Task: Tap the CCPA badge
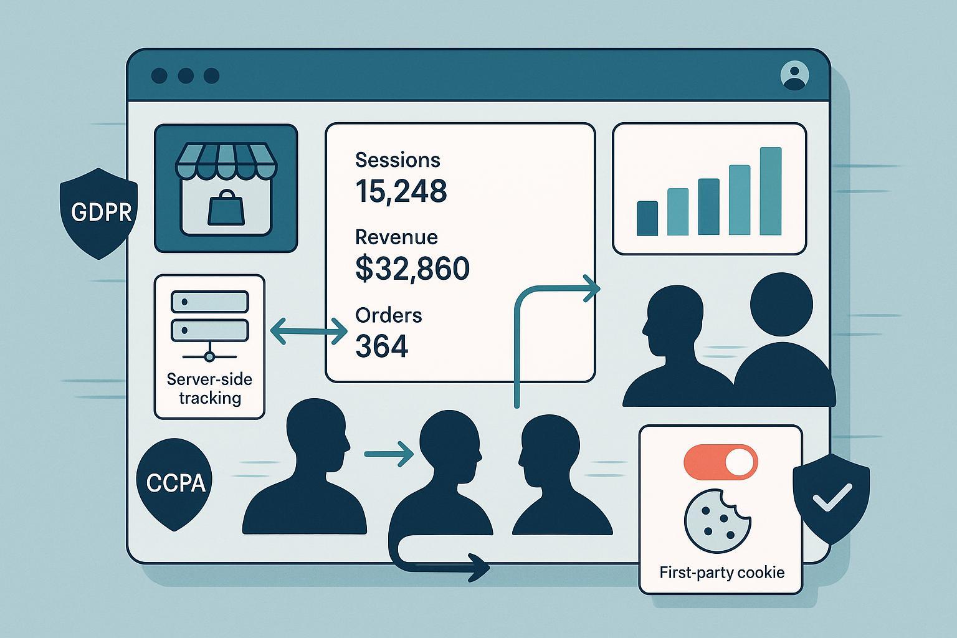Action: [x=175, y=483]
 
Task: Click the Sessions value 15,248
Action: [x=401, y=191]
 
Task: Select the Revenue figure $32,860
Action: [x=412, y=268]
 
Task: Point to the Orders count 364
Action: [x=381, y=346]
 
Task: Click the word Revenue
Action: [x=396, y=237]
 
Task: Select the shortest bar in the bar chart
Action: [x=647, y=218]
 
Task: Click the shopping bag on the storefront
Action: [x=225, y=209]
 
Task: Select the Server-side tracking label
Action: [x=209, y=388]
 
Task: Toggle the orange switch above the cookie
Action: [x=720, y=462]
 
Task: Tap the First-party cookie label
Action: [x=721, y=572]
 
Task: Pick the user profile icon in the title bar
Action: [x=794, y=75]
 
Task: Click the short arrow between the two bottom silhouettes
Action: [x=388, y=454]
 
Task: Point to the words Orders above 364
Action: [x=388, y=315]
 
